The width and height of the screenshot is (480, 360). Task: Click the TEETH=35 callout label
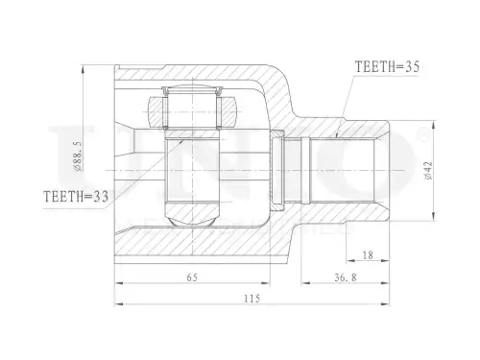tap(387, 67)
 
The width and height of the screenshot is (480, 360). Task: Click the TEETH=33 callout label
tap(76, 197)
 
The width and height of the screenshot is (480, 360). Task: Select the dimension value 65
tap(192, 277)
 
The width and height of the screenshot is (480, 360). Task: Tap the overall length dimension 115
tap(252, 299)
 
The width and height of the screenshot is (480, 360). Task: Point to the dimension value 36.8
tap(346, 277)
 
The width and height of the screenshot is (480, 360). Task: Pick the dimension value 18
tap(368, 255)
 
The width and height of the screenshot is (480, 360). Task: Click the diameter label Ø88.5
tap(79, 156)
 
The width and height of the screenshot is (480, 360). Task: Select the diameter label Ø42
tap(428, 171)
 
